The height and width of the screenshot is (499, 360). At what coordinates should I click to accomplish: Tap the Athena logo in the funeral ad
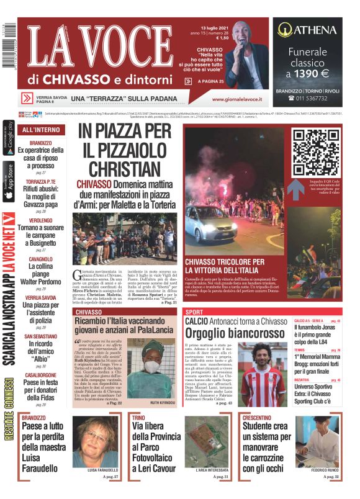pos(307,29)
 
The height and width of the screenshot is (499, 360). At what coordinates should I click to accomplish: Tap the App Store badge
pos(8,181)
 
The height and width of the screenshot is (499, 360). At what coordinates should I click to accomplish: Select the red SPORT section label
pos(194,312)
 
